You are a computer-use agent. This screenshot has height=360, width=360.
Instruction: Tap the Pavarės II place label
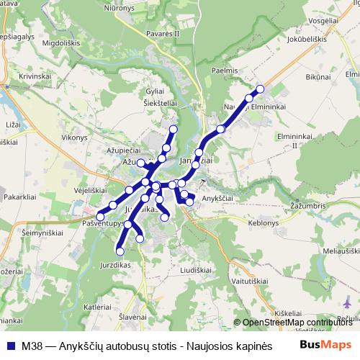click(x=162, y=33)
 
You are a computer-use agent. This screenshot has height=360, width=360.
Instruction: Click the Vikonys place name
click(x=74, y=135)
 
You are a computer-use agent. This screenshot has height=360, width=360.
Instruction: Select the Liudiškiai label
click(x=196, y=269)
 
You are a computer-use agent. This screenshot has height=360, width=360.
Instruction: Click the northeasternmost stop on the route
click(x=261, y=89)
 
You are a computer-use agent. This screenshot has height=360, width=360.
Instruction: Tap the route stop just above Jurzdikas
click(x=120, y=251)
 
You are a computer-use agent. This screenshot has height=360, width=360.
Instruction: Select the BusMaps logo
click(x=325, y=345)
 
